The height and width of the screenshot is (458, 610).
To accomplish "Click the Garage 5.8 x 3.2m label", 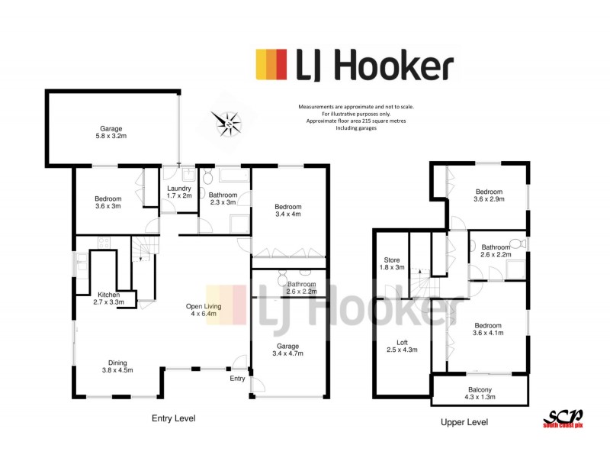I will tap(111, 133).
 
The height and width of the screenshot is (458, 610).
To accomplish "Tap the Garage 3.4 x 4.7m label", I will tap(287, 350).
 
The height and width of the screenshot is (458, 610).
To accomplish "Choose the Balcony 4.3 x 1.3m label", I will tap(480, 394).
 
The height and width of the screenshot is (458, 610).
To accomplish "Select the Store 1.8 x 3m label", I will tap(391, 264).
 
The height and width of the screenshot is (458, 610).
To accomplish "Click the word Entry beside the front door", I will tap(237, 378).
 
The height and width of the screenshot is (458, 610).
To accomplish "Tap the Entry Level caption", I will tap(173, 418).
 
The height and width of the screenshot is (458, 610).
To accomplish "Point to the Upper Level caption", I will tap(464, 421).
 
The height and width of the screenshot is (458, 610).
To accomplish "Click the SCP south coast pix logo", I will tap(562, 418).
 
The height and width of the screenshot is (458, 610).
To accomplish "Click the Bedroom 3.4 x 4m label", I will tap(288, 211).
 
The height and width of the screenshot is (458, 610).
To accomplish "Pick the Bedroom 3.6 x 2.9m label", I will tap(489, 195).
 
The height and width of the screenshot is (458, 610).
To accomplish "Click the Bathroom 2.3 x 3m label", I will tap(223, 199).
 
